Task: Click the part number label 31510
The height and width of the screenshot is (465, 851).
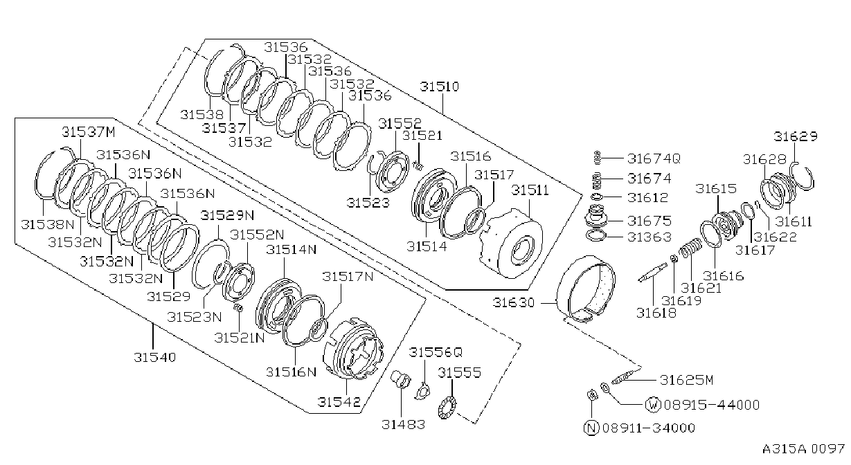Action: [440, 86]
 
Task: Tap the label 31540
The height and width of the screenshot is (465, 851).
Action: [155, 357]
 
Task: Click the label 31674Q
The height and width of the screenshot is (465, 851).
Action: [654, 158]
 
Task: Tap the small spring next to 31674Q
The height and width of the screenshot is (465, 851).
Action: [597, 158]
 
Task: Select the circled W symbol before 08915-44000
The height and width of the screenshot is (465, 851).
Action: [654, 405]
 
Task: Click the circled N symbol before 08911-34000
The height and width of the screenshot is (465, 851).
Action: [591, 428]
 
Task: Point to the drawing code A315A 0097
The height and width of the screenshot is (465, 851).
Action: [803, 449]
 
